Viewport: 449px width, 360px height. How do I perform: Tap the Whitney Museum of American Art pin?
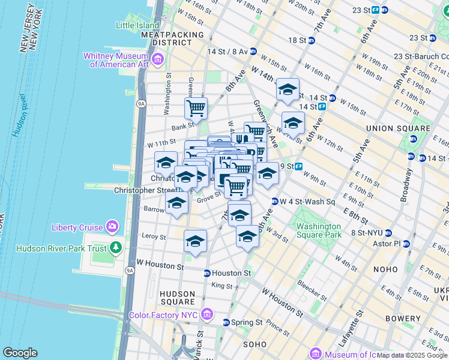click(x=158, y=59)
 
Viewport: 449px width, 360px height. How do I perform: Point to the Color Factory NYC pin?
click(x=207, y=314)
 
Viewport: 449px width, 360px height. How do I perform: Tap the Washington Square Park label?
click(x=318, y=232)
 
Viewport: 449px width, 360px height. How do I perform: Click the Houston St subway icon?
click(x=207, y=273)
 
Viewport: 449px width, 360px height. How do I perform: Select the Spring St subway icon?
click(x=226, y=322)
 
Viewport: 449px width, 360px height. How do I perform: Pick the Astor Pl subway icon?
click(x=406, y=244)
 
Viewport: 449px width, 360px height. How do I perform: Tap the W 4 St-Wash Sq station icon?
click(x=275, y=202)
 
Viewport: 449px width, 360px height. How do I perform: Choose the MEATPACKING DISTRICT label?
click(x=173, y=39)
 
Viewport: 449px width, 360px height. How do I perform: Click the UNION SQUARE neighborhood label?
click(x=399, y=128)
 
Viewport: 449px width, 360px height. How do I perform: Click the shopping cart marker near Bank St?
click(x=196, y=109)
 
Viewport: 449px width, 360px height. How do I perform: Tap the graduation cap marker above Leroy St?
click(x=195, y=241)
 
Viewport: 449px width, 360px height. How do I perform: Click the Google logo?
click(x=20, y=353)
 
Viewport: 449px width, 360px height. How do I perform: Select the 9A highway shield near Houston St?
click(x=130, y=271)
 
